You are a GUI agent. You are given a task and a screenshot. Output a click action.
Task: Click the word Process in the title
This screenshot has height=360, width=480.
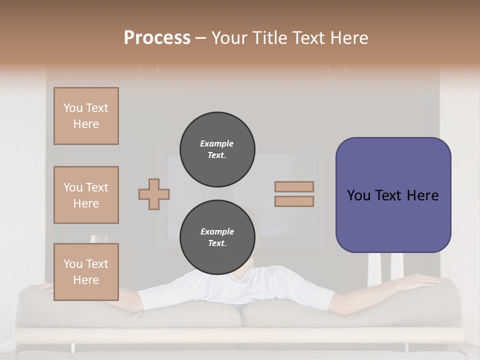(157, 38)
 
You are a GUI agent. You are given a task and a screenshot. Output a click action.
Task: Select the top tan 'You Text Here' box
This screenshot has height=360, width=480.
(86, 116)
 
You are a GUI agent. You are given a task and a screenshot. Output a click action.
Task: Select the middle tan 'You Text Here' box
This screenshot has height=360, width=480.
(86, 195)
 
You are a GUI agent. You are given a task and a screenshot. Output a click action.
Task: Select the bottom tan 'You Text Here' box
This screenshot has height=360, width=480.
(86, 271)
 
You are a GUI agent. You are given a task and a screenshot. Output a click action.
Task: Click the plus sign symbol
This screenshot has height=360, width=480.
(154, 194)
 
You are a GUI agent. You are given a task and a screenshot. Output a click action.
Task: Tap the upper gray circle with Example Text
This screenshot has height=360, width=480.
(217, 149)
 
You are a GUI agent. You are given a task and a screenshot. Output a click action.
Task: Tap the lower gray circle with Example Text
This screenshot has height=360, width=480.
(217, 237)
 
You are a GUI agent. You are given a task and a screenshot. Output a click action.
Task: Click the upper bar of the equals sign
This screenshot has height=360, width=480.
(294, 186)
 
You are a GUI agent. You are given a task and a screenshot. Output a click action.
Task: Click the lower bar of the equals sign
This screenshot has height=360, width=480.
(294, 201)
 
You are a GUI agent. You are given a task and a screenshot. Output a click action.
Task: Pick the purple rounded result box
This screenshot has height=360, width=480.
(393, 220)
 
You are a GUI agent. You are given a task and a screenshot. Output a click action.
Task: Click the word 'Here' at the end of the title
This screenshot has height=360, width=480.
(348, 38)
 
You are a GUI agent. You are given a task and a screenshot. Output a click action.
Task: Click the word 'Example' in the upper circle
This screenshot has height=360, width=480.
(217, 143)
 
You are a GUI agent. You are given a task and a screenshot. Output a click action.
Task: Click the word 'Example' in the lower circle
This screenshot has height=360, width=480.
(217, 231)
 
